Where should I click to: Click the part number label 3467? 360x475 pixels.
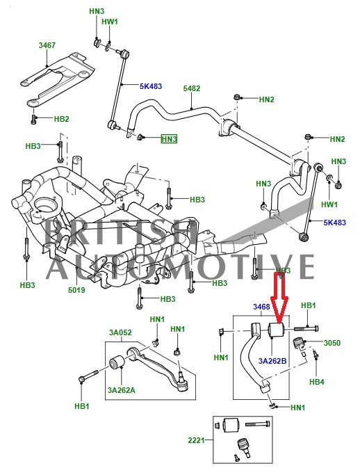point(47,45)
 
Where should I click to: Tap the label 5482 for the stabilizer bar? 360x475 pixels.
point(191,88)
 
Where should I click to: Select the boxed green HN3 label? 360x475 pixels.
point(169,139)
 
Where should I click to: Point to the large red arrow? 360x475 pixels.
point(279,297)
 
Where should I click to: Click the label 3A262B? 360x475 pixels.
point(272,361)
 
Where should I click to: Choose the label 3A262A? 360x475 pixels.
point(121,390)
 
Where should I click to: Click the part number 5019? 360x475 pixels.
point(76,290)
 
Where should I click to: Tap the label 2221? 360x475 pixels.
point(197,440)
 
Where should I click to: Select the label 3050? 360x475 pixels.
point(332,343)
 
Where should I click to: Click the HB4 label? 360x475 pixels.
point(317,382)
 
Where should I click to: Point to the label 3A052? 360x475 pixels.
point(120,332)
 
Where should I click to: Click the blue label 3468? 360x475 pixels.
point(261,307)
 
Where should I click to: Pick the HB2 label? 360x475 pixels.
point(61,119)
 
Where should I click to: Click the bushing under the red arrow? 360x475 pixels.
point(277,330)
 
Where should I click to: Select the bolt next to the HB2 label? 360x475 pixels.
point(33,119)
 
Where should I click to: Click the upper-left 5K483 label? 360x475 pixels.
point(151,86)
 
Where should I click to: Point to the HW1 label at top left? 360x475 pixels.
point(110,22)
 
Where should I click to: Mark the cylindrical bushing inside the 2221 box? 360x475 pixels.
point(231,426)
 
